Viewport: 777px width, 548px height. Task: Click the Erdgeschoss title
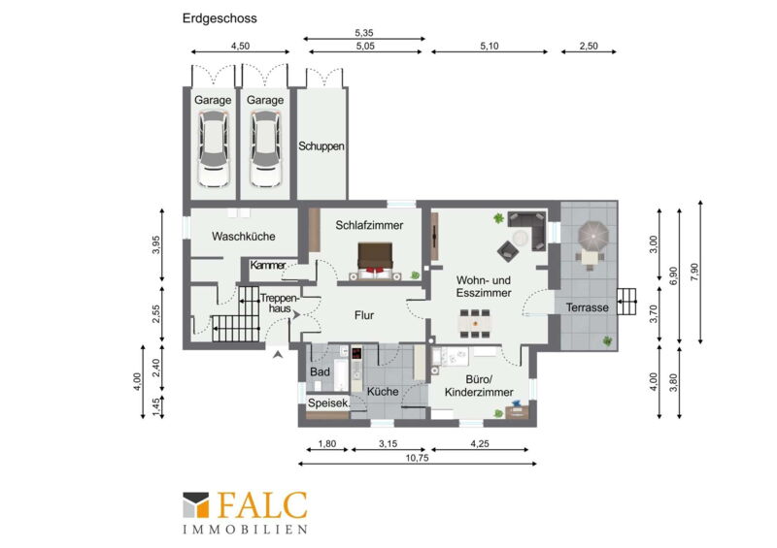(x=220, y=18)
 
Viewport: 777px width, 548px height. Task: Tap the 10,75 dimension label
(x=417, y=458)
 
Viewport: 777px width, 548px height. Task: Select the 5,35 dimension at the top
(x=363, y=33)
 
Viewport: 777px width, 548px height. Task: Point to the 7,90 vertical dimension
(x=693, y=273)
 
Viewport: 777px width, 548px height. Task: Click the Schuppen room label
(x=321, y=146)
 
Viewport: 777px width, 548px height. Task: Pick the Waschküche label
(x=244, y=236)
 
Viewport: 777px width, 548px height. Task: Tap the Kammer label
(x=268, y=266)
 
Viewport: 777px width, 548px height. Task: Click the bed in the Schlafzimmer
(x=375, y=261)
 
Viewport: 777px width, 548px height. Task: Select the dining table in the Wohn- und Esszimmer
(x=475, y=324)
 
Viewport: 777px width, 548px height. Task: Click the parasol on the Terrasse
(x=593, y=235)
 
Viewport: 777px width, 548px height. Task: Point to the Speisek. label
(x=328, y=403)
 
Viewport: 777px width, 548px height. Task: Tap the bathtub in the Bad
(x=342, y=374)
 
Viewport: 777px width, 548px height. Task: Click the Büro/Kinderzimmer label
(x=479, y=386)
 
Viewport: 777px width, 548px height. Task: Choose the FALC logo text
(x=262, y=505)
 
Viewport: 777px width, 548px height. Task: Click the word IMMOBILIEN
(x=246, y=530)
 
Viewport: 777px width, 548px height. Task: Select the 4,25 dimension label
(x=479, y=444)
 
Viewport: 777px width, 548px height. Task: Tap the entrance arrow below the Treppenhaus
(x=278, y=354)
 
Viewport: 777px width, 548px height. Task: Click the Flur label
(x=363, y=315)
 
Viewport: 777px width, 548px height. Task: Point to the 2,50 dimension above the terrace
(x=589, y=46)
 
